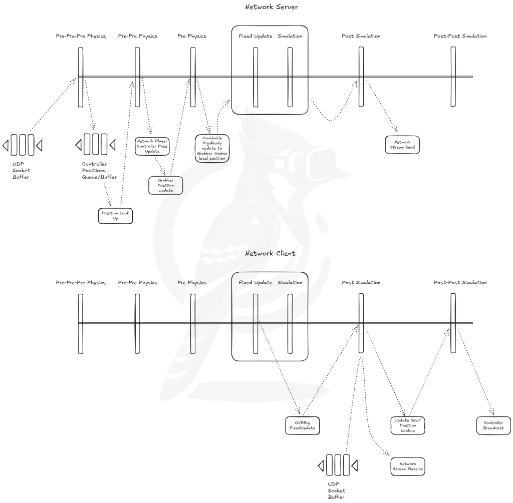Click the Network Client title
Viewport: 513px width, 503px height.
click(270, 253)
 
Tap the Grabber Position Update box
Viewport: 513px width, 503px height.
click(165, 185)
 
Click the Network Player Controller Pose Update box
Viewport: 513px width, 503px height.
click(153, 146)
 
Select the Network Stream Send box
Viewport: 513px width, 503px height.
click(402, 145)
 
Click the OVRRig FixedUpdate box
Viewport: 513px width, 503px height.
click(303, 426)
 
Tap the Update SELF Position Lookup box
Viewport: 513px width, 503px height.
click(408, 425)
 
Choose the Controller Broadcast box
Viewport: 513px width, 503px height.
click(493, 425)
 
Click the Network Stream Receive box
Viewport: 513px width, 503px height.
click(408, 466)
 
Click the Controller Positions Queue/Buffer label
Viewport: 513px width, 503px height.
click(98, 170)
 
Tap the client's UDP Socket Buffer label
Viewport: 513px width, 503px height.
click(336, 490)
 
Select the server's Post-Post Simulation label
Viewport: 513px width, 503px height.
click(460, 36)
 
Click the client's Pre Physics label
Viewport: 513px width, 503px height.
click(192, 283)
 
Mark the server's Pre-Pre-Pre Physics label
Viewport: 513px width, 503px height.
click(81, 36)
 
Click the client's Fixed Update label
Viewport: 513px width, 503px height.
click(255, 283)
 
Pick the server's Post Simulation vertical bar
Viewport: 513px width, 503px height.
click(361, 77)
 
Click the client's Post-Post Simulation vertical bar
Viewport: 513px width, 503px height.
click(453, 323)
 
